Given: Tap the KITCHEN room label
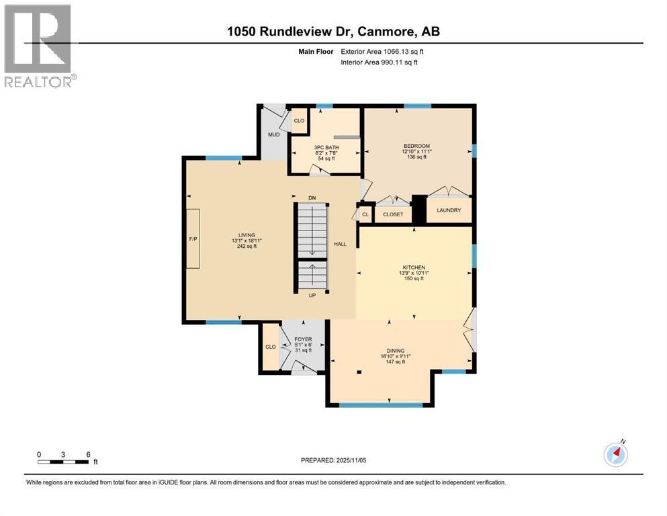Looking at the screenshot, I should point(414,267).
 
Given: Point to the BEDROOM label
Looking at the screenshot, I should point(416,146).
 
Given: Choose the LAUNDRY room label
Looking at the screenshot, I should point(449,210).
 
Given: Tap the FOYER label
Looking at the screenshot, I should point(304,339).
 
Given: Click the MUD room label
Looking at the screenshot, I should point(274,134).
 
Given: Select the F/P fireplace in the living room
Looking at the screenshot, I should point(193,239).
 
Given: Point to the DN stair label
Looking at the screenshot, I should point(312,198).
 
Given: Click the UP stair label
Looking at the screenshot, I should point(311,295).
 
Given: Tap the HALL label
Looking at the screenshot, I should point(340,244).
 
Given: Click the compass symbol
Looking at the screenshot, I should point(615,455).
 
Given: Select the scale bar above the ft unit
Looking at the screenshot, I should point(63,462).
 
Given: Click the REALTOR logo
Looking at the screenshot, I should point(39,46).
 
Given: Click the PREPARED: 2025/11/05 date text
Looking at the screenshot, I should point(333,460).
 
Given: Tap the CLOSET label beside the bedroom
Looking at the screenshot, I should point(393,214).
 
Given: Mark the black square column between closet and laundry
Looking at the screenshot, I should point(419,209).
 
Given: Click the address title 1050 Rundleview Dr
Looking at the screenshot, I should point(333,31).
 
